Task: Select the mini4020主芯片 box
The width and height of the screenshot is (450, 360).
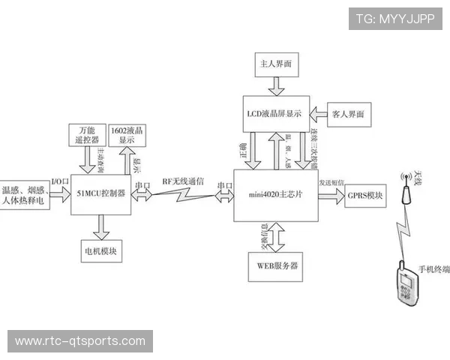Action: [275, 195]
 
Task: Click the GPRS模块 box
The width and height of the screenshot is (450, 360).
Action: [364, 196]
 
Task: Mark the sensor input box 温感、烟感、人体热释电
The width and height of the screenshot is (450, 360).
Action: [25, 195]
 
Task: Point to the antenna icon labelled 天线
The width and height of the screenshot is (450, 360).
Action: [406, 190]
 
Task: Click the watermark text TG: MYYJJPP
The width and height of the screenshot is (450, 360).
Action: [395, 19]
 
